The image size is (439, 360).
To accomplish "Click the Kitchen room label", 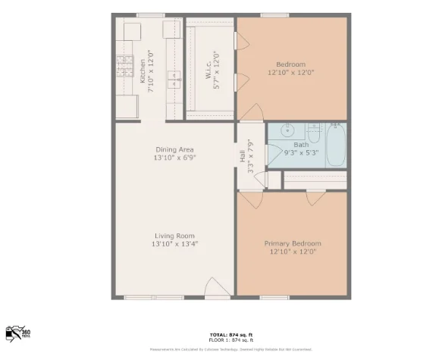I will pos(141,67).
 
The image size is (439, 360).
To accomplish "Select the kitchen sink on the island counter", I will pos(173,77).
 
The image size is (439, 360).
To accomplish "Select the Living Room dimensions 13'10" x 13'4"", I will pos(174,244).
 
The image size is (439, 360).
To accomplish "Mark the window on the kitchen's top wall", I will pos(151,15).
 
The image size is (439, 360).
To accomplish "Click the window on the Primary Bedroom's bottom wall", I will pos(277,297).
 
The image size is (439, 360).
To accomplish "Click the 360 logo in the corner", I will pos(17,333).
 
